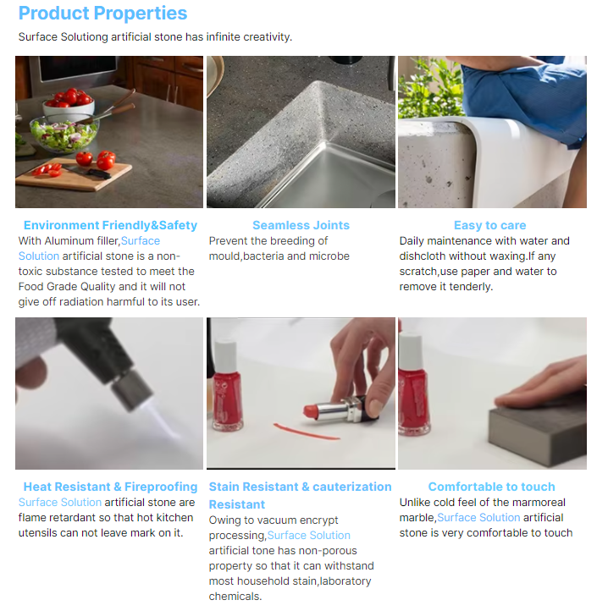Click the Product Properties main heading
[102, 14]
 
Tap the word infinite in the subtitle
[218, 37]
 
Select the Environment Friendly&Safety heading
[110, 225]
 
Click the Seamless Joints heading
[301, 225]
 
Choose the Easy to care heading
[489, 225]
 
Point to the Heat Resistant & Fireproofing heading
[110, 487]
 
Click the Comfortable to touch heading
[491, 487]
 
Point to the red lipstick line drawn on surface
[304, 431]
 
